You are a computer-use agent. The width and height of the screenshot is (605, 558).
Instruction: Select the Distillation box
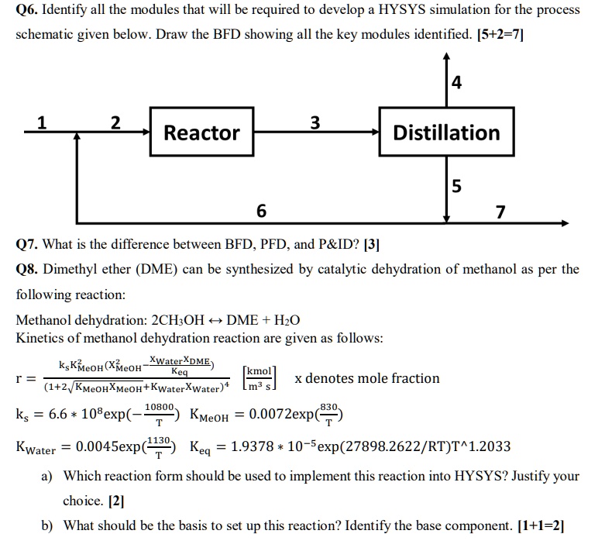coord(446,133)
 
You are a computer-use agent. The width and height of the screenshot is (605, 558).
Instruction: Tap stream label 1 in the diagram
coord(42,122)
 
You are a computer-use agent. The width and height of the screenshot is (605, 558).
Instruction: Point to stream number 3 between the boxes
coord(314,122)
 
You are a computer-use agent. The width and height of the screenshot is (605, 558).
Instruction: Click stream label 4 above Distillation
coord(456,82)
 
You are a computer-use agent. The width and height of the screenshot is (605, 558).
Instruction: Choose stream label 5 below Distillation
coord(456,186)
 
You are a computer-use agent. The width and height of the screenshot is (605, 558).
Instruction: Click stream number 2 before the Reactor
coord(115,122)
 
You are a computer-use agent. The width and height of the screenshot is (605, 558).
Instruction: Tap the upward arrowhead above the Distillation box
coord(446,57)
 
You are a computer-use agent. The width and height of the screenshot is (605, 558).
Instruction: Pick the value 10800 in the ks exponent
coord(159,405)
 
